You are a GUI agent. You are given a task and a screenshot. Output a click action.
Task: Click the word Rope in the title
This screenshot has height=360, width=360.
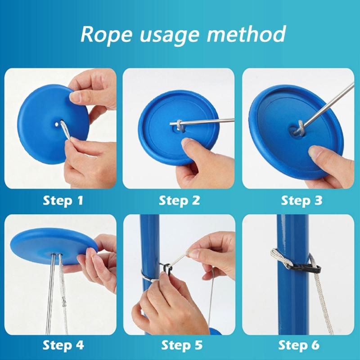105,35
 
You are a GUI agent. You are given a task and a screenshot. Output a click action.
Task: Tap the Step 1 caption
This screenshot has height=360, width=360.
63,200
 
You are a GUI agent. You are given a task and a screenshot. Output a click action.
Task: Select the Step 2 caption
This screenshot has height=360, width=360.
180,200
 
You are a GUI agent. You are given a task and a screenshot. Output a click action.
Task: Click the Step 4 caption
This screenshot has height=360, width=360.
63,346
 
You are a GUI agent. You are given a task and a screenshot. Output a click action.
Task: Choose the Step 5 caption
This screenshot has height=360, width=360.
180,346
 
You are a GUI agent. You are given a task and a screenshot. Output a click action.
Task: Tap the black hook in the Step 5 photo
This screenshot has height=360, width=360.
167,269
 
